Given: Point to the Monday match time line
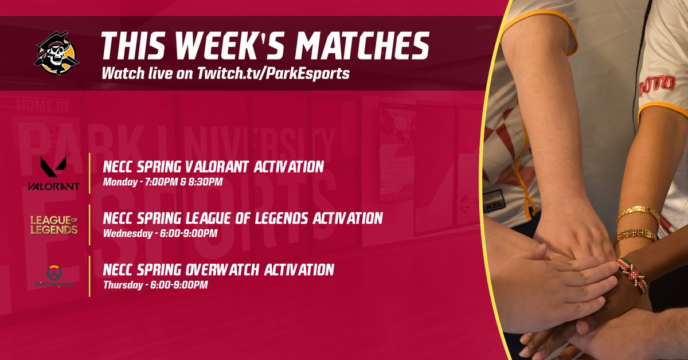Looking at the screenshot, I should tap(162, 182).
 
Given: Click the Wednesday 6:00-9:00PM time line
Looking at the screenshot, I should tap(160, 233).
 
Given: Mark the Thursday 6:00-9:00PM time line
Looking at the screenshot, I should tap(155, 284).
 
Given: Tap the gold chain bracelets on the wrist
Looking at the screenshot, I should tap(636, 224).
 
